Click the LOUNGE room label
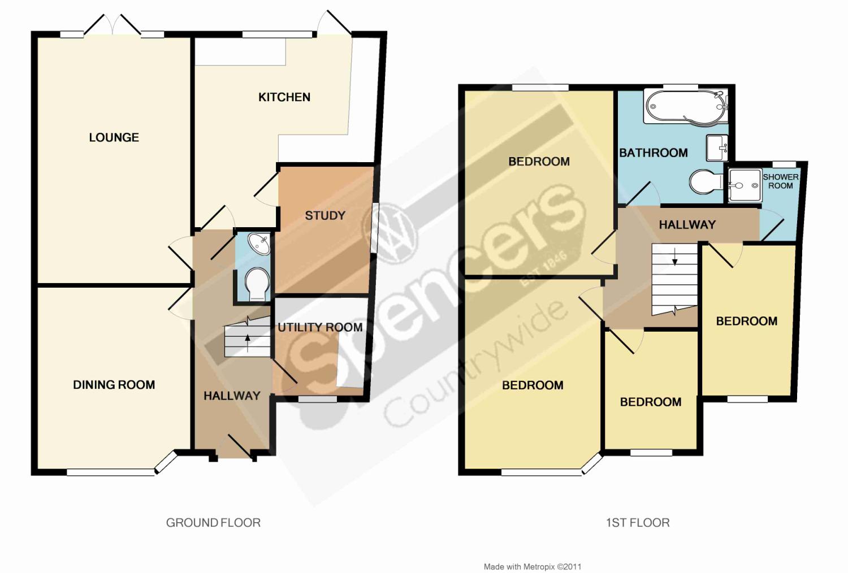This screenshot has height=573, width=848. (x=114, y=137)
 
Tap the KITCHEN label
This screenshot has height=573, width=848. (x=284, y=97)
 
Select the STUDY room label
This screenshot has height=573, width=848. (x=325, y=216)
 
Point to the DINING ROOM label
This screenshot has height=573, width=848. (x=114, y=385)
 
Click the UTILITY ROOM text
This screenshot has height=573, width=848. (x=321, y=327)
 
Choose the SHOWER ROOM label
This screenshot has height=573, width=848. (x=781, y=181)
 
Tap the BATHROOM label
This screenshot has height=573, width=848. (x=654, y=153)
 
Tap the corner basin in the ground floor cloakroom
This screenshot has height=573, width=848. (x=259, y=244)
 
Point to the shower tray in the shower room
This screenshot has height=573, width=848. (x=745, y=185)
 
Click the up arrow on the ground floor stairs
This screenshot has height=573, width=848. (x=248, y=343)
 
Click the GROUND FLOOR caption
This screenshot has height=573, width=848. (x=213, y=523)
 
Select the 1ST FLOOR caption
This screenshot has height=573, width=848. (x=638, y=523)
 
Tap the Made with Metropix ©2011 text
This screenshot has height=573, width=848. (x=533, y=567)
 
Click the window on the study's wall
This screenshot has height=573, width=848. (x=374, y=228)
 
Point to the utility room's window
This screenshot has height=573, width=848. (x=317, y=399)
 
